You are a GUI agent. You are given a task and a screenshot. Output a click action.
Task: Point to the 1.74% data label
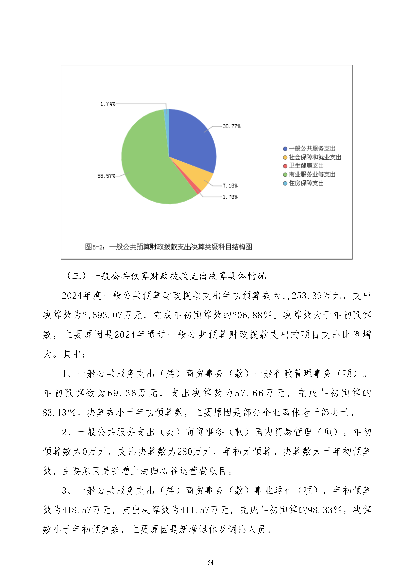108,104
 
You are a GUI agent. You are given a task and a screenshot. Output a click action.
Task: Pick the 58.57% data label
106,176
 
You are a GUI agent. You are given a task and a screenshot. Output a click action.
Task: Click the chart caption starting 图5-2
168,247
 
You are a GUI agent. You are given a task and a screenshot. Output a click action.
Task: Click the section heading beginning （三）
166,276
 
